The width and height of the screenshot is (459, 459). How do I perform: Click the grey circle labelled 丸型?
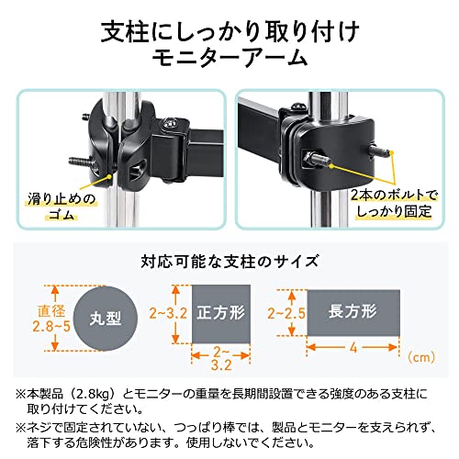[x=106, y=319]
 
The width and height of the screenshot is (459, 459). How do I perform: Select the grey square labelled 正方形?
[x=221, y=314]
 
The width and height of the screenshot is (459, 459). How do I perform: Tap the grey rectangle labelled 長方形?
[x=353, y=313]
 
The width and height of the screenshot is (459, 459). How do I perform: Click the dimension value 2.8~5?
[x=51, y=327]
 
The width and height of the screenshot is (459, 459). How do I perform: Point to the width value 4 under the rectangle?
[x=353, y=348]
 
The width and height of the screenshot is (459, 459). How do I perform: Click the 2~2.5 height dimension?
[x=286, y=313]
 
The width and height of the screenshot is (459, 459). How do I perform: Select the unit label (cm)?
[x=421, y=357]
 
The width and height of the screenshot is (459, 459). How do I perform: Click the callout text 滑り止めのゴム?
[x=62, y=207]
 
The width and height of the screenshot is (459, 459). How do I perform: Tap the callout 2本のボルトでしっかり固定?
[x=395, y=203]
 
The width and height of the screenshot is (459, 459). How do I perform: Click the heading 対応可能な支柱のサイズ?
[x=229, y=262]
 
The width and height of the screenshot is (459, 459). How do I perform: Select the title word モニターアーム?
[x=229, y=58]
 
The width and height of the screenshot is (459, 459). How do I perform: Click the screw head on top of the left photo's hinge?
[x=169, y=123]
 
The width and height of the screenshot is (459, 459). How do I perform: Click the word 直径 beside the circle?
[x=51, y=311]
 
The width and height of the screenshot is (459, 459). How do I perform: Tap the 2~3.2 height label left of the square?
[x=168, y=313]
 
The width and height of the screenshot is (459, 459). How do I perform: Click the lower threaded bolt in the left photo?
[x=80, y=161]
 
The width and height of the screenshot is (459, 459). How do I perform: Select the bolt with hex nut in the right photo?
[x=315, y=160]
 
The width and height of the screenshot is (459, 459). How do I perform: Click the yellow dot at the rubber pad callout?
[x=110, y=176]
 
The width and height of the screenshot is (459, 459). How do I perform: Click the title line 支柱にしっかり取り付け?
[x=230, y=31]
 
